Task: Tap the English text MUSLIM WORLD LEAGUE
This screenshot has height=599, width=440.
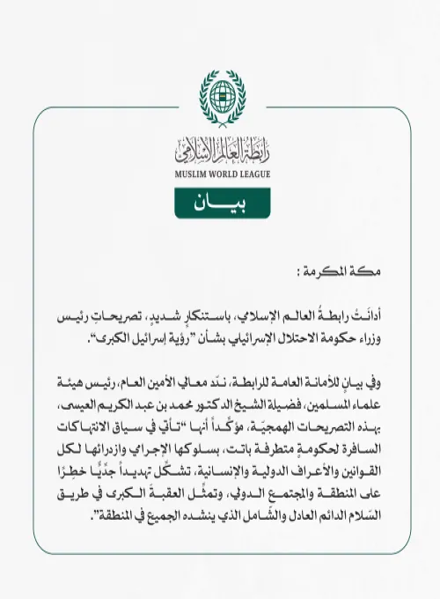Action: pyautogui.click(x=220, y=174)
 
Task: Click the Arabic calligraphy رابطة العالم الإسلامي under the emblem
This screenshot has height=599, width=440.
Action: pyautogui.click(x=220, y=151)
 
